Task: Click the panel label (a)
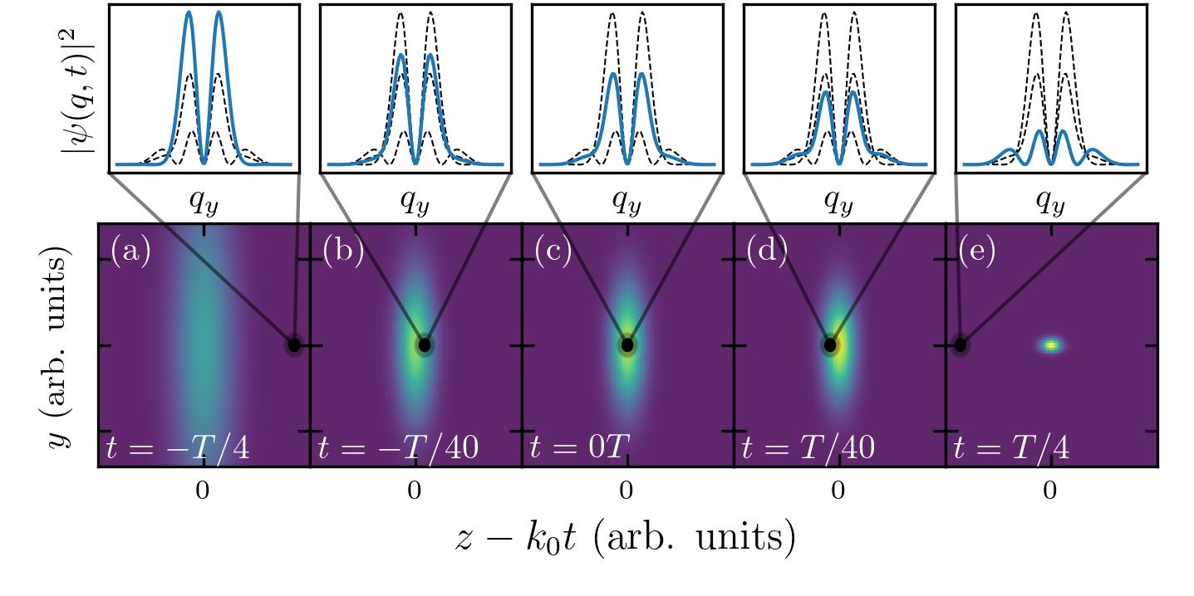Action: coord(130,252)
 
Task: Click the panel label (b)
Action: coord(342,252)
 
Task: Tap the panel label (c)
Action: coord(554,252)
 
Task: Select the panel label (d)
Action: coord(766,252)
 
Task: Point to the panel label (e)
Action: coord(977,252)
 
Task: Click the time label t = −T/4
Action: coord(178,448)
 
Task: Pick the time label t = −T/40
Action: coord(398,448)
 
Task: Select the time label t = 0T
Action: coord(580,448)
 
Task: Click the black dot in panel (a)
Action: coord(294,344)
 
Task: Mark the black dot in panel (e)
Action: coord(961,344)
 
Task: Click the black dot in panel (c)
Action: coord(627,344)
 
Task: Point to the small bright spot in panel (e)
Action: coord(1052,344)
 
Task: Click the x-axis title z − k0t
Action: coord(626,539)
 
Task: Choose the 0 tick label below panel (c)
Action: coord(626,491)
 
